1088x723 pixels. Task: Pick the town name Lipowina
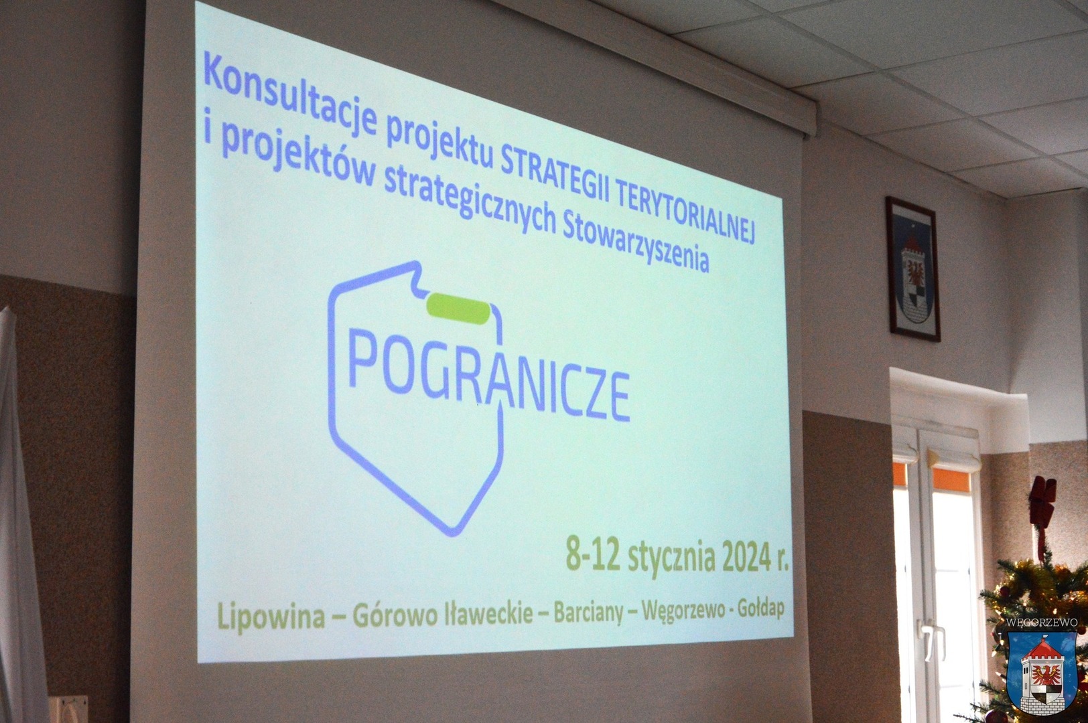pyautogui.click(x=271, y=615)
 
